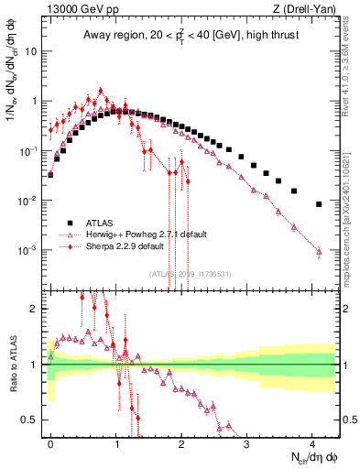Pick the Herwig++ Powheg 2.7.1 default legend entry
pos(132,234)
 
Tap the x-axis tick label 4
pos(313,442)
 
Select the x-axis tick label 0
pos(50,442)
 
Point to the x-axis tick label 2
pos(182,442)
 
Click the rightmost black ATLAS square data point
pos(319,204)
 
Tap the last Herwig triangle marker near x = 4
pos(319,251)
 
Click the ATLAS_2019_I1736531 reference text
pos(191,273)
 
